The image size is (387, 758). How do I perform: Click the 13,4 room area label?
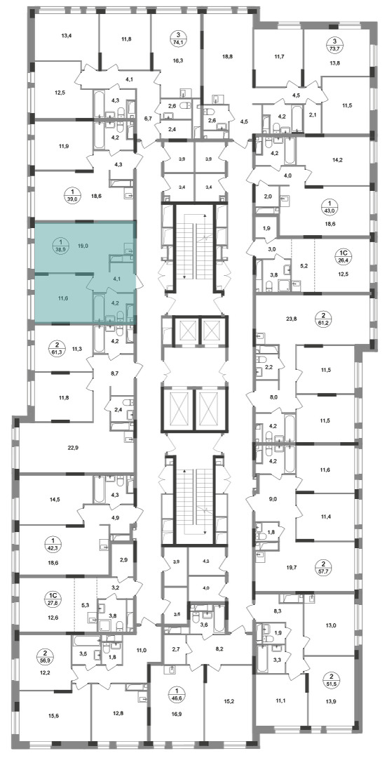click(67, 35)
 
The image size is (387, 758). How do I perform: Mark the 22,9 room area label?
click(73, 448)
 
